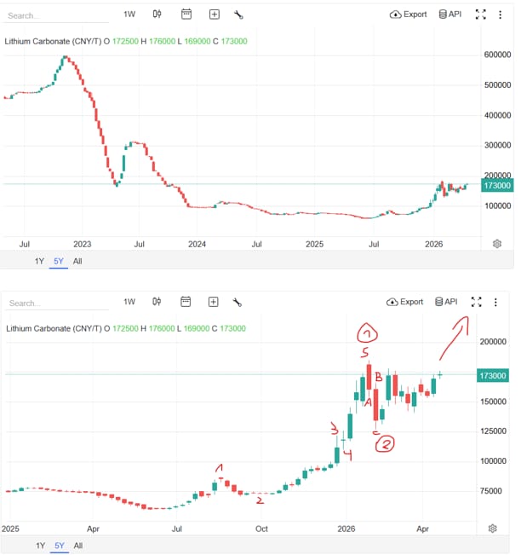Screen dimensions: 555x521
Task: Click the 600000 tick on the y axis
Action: click(497, 54)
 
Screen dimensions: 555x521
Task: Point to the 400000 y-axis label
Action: click(497, 115)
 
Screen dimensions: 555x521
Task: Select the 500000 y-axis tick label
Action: click(497, 85)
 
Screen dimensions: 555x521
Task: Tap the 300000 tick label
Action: click(497, 146)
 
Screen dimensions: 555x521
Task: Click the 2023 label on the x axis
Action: click(83, 244)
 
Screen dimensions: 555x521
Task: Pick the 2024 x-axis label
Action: click(198, 244)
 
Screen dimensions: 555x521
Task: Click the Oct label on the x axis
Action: click(261, 529)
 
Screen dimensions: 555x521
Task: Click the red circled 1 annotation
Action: click(366, 332)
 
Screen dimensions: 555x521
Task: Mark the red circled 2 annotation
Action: click(385, 443)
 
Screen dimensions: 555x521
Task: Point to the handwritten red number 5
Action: click(365, 352)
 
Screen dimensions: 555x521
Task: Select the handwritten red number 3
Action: click(334, 429)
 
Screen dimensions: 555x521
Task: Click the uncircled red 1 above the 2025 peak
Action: click(220, 468)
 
